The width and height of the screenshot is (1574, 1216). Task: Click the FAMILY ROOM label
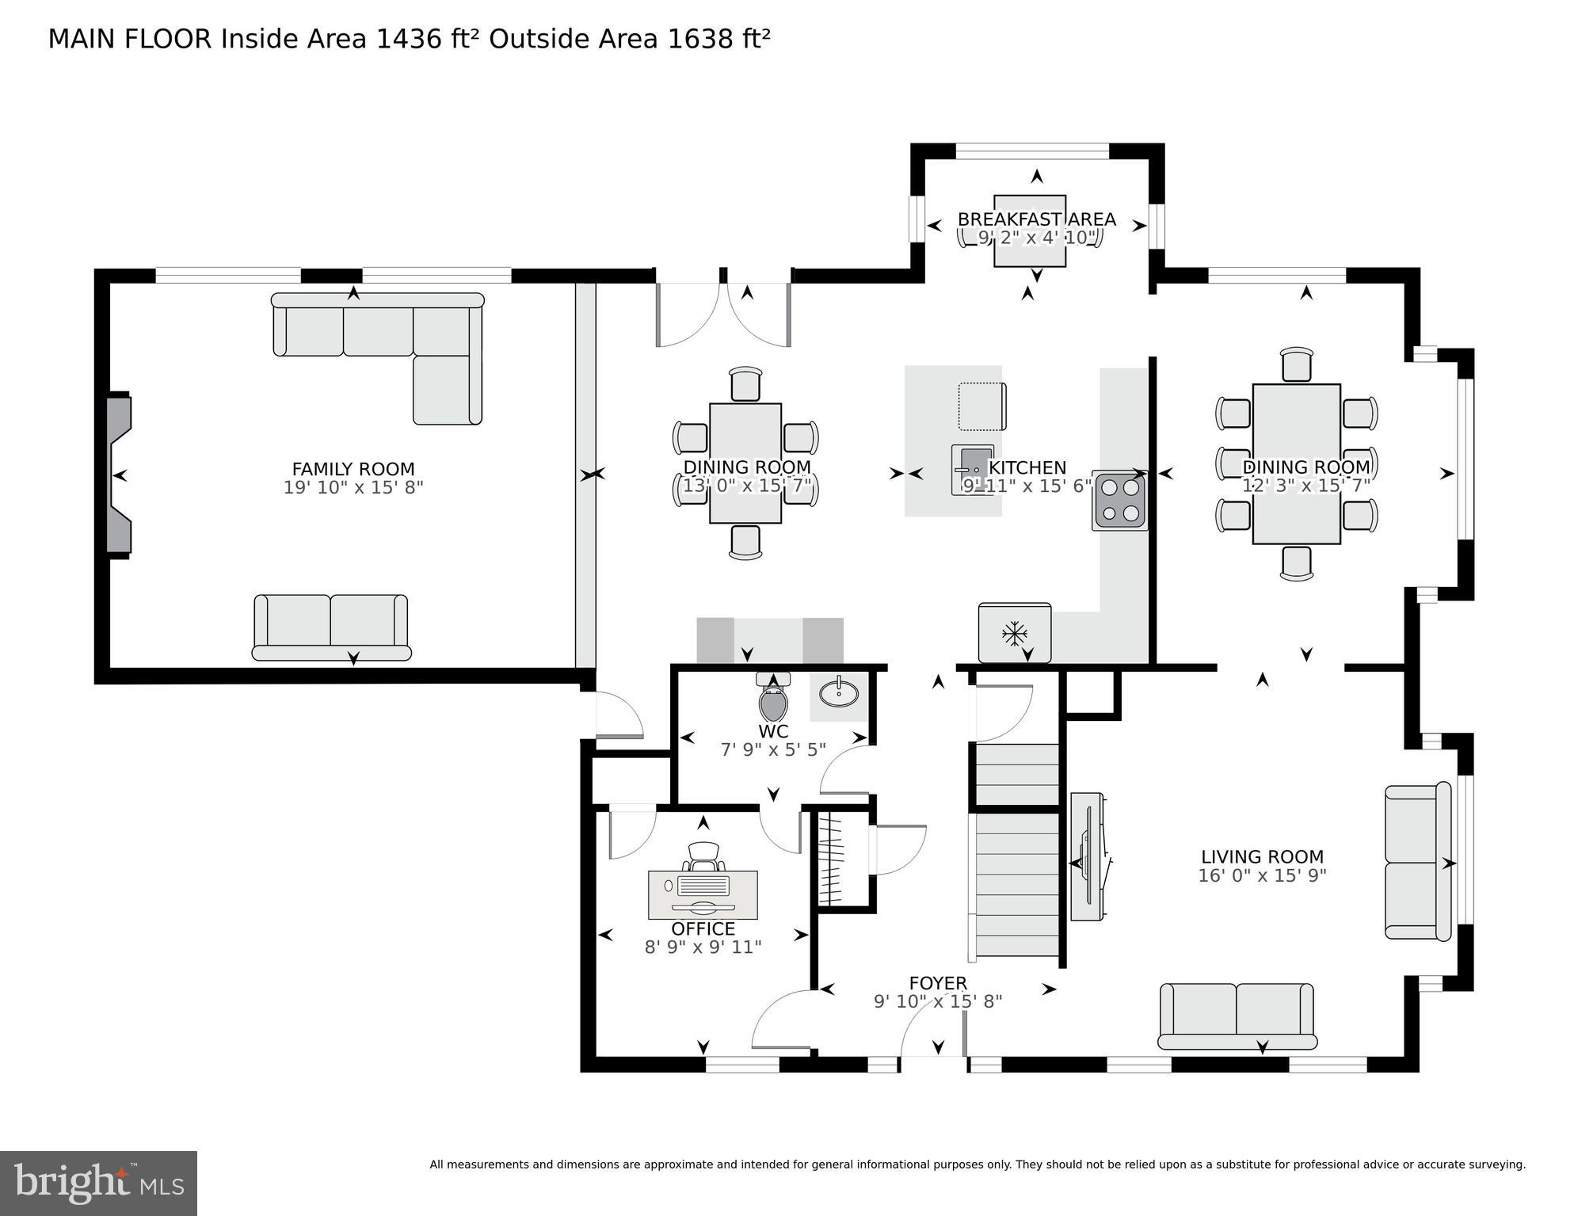pyautogui.click(x=353, y=469)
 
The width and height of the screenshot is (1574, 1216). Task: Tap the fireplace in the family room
pyautogui.click(x=119, y=475)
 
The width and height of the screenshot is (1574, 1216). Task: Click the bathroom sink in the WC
pyautogui.click(x=838, y=695)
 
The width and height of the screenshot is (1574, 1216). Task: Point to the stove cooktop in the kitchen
pyautogui.click(x=1120, y=502)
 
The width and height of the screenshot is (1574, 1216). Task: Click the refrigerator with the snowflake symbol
pyautogui.click(x=1015, y=633)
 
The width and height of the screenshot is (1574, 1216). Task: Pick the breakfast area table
pyautogui.click(x=1030, y=231)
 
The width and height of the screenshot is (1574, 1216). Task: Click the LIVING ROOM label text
pyautogui.click(x=1262, y=856)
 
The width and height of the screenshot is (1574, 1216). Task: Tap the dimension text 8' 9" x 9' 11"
pyautogui.click(x=703, y=947)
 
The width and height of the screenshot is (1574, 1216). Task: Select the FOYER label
pyautogui.click(x=938, y=983)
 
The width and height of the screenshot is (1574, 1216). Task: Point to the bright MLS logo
pyautogui.click(x=98, y=1184)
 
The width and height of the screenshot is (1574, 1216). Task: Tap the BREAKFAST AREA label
pyautogui.click(x=1036, y=219)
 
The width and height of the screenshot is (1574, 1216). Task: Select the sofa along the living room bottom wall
pyautogui.click(x=1237, y=1017)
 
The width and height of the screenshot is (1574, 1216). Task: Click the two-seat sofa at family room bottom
pyautogui.click(x=331, y=627)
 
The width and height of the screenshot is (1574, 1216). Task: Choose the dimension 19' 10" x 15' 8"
pyautogui.click(x=353, y=487)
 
